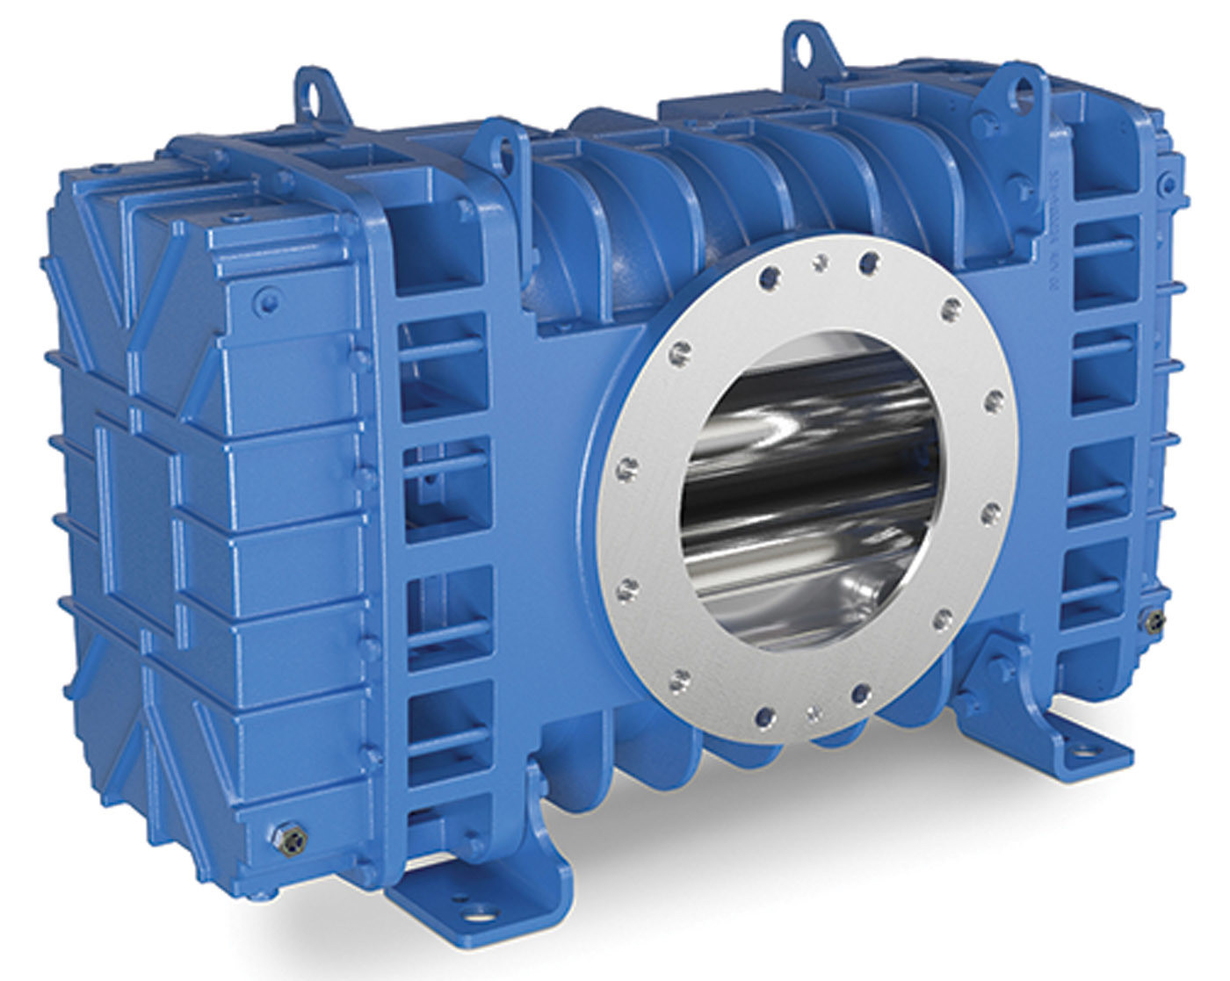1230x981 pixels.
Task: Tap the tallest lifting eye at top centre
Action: coord(801,40)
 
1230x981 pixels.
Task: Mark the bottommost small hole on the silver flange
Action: coord(815,709)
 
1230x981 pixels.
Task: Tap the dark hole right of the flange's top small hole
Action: coord(870,261)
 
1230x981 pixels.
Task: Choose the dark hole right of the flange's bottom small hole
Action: coord(861,693)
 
